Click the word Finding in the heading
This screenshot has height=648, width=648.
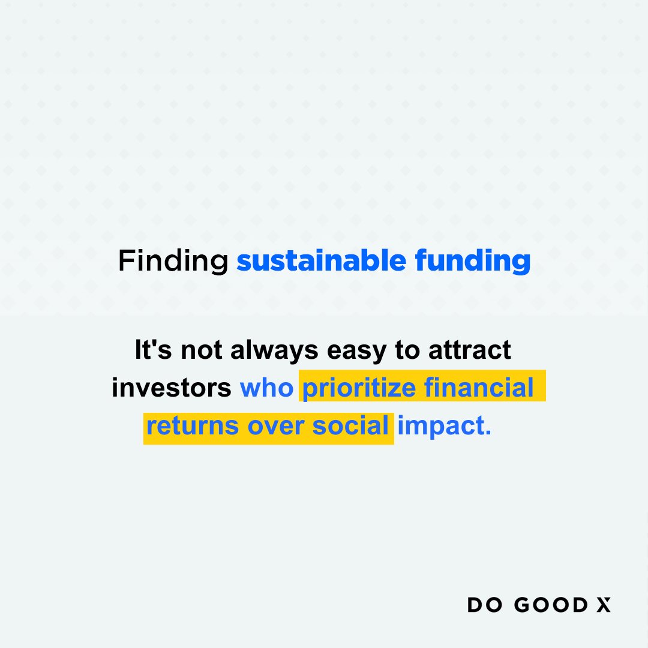(x=173, y=262)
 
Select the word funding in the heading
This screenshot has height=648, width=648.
(x=472, y=262)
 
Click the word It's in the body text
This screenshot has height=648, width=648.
(x=154, y=350)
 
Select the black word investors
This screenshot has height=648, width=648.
(x=172, y=388)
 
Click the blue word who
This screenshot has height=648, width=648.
(x=266, y=388)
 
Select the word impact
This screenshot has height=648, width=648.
(x=444, y=426)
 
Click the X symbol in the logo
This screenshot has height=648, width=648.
(x=604, y=605)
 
